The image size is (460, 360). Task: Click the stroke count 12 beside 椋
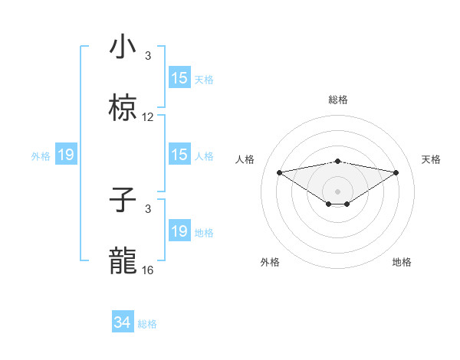(148, 117)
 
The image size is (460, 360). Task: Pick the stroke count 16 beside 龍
(148, 270)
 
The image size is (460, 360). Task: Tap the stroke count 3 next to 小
(148, 56)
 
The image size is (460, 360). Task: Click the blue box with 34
(123, 323)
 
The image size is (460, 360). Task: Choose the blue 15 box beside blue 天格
(179, 78)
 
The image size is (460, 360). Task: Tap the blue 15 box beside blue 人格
(179, 155)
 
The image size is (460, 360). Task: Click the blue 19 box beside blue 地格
(179, 232)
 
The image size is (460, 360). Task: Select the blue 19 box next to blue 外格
(66, 155)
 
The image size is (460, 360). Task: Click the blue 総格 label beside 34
(147, 324)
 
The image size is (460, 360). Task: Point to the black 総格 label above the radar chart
(338, 100)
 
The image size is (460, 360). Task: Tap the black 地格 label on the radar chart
(402, 262)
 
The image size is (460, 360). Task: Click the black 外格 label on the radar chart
(270, 262)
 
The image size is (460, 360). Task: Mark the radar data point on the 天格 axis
(396, 172)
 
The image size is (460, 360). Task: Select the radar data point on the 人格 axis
(280, 172)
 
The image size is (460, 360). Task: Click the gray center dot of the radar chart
(338, 191)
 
